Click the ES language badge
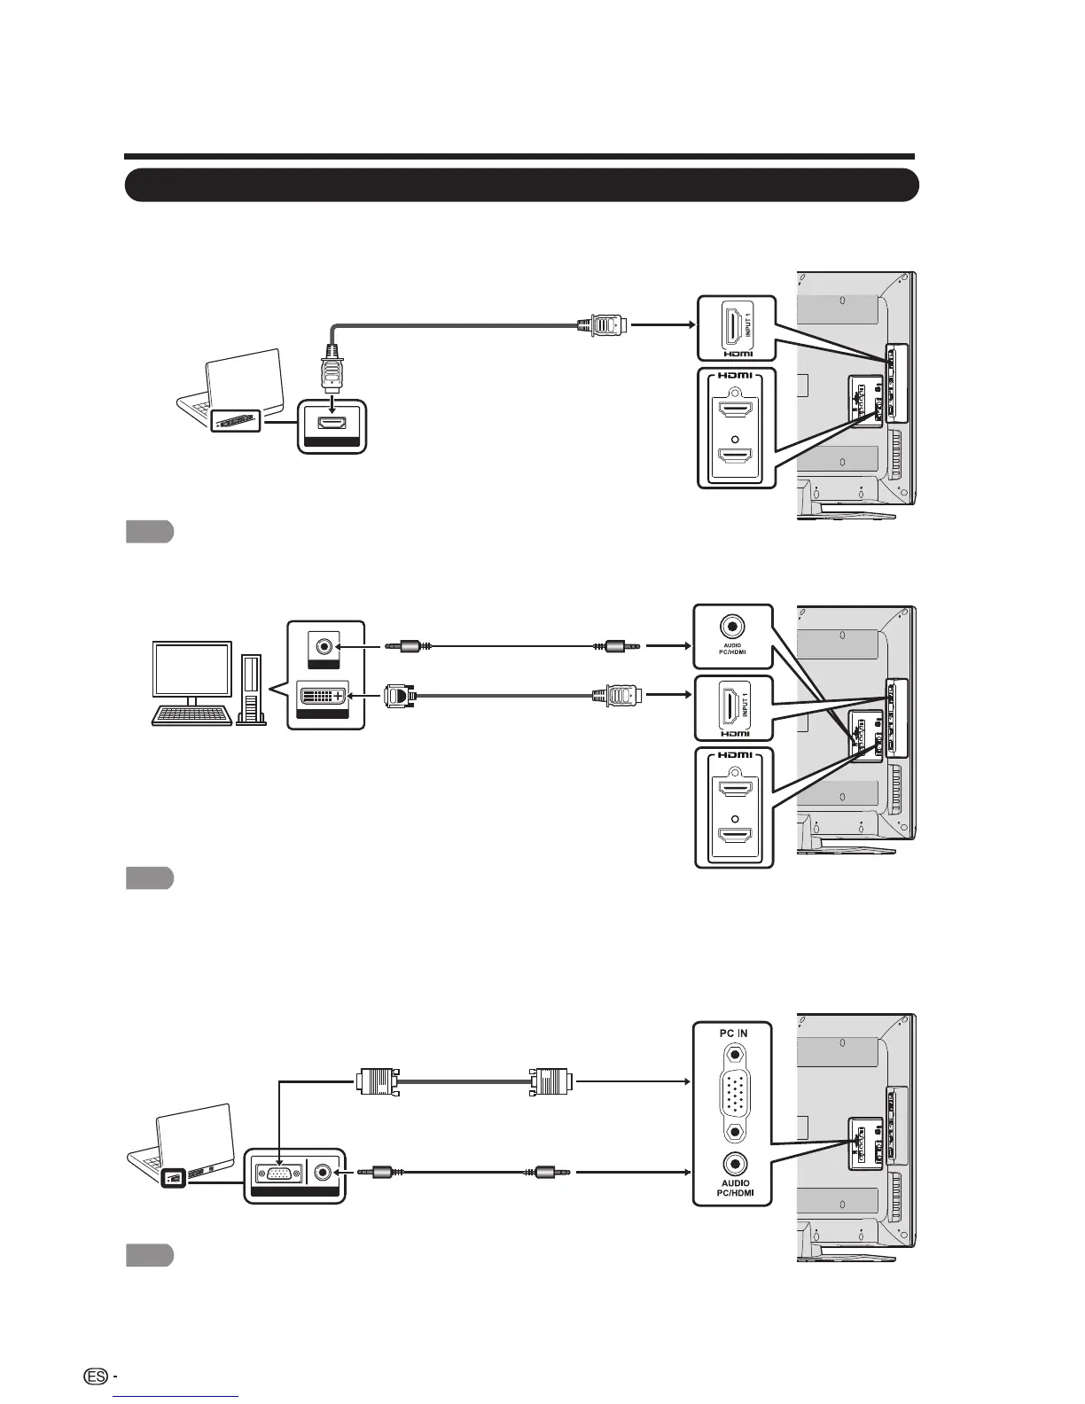pos(98,1376)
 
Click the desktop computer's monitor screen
pos(192,669)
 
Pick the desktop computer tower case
pos(252,689)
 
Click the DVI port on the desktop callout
pos(321,698)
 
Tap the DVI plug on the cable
pos(400,697)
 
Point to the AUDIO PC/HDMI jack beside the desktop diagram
pos(733,626)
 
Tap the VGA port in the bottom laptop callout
pos(277,1172)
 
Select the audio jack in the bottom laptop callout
pos(324,1172)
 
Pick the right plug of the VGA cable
pos(550,1081)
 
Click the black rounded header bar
pos(521,185)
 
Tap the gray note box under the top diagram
pos(148,532)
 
